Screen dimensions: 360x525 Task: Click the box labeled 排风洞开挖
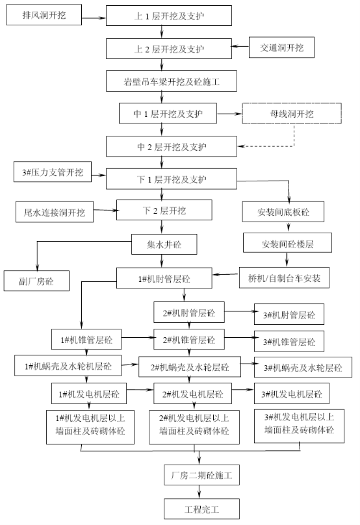tap(44, 15)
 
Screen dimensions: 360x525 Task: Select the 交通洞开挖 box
tap(281, 47)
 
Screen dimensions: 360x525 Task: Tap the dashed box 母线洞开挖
tap(292, 114)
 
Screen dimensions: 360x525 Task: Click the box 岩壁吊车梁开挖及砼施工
tap(172, 81)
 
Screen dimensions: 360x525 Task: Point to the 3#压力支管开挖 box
tap(53, 172)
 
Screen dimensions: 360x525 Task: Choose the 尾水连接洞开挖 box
tap(54, 212)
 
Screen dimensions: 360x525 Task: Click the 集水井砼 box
tap(164, 244)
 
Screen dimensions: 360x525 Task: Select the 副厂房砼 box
tap(36, 281)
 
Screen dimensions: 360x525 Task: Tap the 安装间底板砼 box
tap(283, 212)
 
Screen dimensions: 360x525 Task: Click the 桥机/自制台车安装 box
tap(284, 277)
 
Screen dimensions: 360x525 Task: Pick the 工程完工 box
tap(201, 509)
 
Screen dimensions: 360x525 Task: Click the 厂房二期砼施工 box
tap(201, 475)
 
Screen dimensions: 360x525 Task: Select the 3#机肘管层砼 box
tap(289, 314)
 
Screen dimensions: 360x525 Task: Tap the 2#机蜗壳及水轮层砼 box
tap(190, 367)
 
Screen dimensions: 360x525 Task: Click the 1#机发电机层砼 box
tap(89, 393)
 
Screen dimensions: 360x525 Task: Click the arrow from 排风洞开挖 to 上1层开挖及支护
tap(94, 18)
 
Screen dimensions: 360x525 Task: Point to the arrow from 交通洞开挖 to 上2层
tap(240, 46)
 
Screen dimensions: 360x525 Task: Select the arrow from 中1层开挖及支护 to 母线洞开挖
tap(229, 114)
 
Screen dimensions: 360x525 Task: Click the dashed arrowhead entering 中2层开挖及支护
tap(240, 146)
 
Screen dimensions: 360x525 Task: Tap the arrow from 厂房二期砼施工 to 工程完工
tap(199, 492)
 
